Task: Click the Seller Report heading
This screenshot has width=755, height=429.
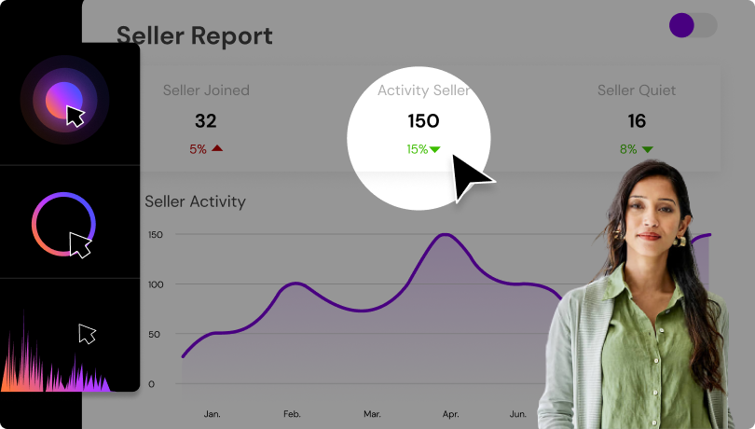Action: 194,36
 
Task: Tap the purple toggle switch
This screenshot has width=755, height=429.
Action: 693,25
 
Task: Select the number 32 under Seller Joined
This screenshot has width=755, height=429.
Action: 205,121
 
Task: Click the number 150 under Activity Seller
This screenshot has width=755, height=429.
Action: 423,121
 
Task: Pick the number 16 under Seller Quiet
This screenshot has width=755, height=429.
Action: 637,121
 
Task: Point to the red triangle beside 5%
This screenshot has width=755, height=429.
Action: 217,148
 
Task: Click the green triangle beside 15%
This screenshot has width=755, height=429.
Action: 434,148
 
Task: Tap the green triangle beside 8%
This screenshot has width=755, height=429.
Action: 647,148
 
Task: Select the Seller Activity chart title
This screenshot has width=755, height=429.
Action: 195,201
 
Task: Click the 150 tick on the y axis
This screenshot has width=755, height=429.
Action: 155,235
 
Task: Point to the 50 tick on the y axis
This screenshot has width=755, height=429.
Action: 155,334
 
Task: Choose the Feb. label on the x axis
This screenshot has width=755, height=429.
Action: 292,413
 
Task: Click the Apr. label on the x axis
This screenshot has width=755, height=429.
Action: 450,413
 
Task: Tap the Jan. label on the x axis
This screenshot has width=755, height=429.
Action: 213,413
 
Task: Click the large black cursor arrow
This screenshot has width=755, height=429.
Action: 471,178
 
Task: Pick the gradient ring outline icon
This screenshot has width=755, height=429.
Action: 63,224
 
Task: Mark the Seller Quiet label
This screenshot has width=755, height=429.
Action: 637,90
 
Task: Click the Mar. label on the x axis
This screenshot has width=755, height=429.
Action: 372,413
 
